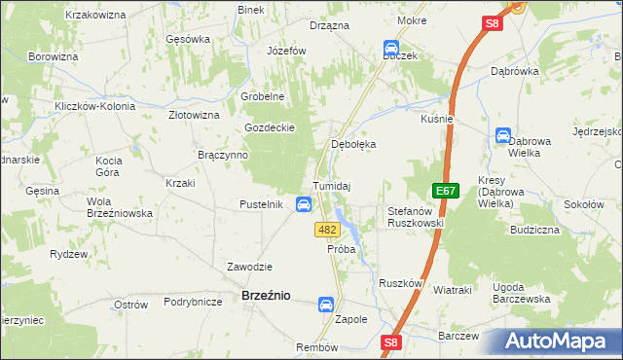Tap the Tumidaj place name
tap(331, 186)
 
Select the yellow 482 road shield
tap(327, 230)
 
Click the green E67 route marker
tap(446, 191)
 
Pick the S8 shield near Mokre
tap(493, 24)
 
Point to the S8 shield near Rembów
tap(390, 342)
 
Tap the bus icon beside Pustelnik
tap(304, 204)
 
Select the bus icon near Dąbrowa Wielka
tap(503, 136)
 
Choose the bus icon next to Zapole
tap(325, 305)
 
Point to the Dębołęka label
tap(354, 144)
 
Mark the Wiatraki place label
tap(452, 290)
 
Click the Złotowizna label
tap(194, 115)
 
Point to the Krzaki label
tap(181, 183)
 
